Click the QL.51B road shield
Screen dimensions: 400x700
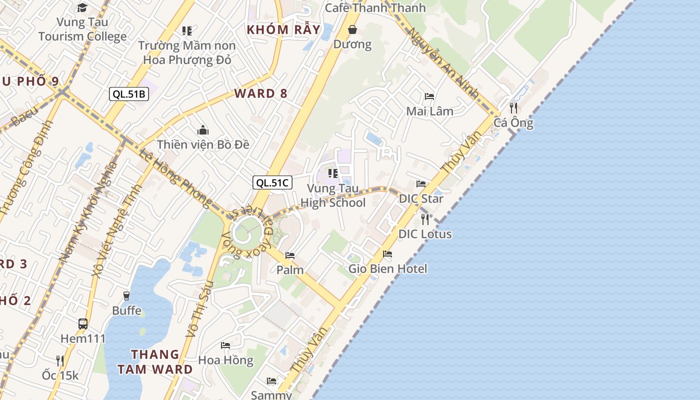[129, 93]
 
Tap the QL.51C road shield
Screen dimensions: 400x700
[272, 182]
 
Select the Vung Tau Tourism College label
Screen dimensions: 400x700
[82, 29]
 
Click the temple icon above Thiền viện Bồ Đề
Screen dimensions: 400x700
[202, 130]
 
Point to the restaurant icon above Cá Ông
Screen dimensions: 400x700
[513, 107]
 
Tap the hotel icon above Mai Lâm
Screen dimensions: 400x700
[429, 96]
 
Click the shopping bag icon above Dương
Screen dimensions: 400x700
[352, 29]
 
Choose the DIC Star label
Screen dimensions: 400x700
[421, 198]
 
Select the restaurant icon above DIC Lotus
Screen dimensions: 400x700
[425, 219]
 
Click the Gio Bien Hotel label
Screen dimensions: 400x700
[388, 268]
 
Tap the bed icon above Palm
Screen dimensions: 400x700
[290, 255]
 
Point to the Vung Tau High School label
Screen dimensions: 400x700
[333, 195]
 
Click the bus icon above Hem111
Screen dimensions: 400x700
[83, 323]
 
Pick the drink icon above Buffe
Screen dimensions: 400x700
[126, 296]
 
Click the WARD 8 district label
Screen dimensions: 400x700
[261, 93]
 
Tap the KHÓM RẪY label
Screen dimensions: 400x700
[283, 29]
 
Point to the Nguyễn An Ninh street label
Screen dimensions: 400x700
[443, 62]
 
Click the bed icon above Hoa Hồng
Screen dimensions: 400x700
[225, 345]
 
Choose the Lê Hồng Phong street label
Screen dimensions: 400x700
[175, 177]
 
